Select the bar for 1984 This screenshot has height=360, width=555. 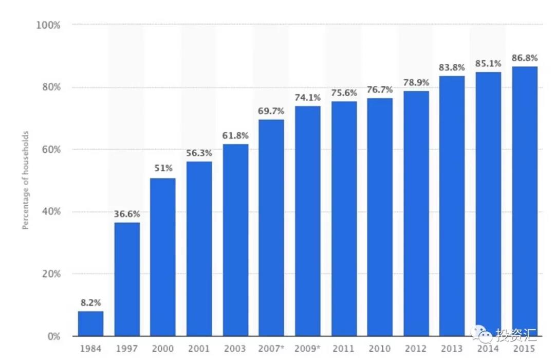click(90, 323)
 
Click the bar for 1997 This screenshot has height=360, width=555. click(127, 279)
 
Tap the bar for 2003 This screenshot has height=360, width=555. click(235, 240)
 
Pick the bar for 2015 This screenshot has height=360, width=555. click(524, 201)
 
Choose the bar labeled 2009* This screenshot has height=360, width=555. click(307, 221)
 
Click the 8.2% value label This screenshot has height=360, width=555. click(90, 303)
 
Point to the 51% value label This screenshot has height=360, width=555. click(163, 169)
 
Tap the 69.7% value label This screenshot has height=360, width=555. click(271, 111)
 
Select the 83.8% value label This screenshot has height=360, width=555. click(452, 67)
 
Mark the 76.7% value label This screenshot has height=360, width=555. click(380, 89)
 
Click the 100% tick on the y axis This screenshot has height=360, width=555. click(48, 25)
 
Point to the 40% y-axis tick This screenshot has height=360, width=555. click(50, 212)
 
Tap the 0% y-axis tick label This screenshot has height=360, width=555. click(53, 337)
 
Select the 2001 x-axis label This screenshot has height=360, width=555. click(199, 349)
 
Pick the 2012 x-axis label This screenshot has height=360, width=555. click(416, 349)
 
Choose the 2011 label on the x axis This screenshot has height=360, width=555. click(343, 349)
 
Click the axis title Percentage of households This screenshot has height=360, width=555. click(25, 180)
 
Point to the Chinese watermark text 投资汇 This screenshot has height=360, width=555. click(515, 335)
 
